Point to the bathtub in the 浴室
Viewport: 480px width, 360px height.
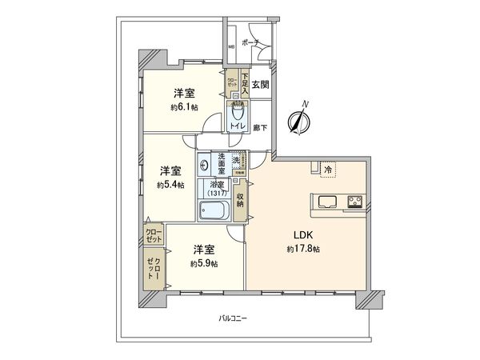pos(214,213)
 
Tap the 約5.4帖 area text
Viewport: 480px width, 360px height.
pos(170,184)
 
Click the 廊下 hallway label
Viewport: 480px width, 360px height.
pos(259,128)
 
